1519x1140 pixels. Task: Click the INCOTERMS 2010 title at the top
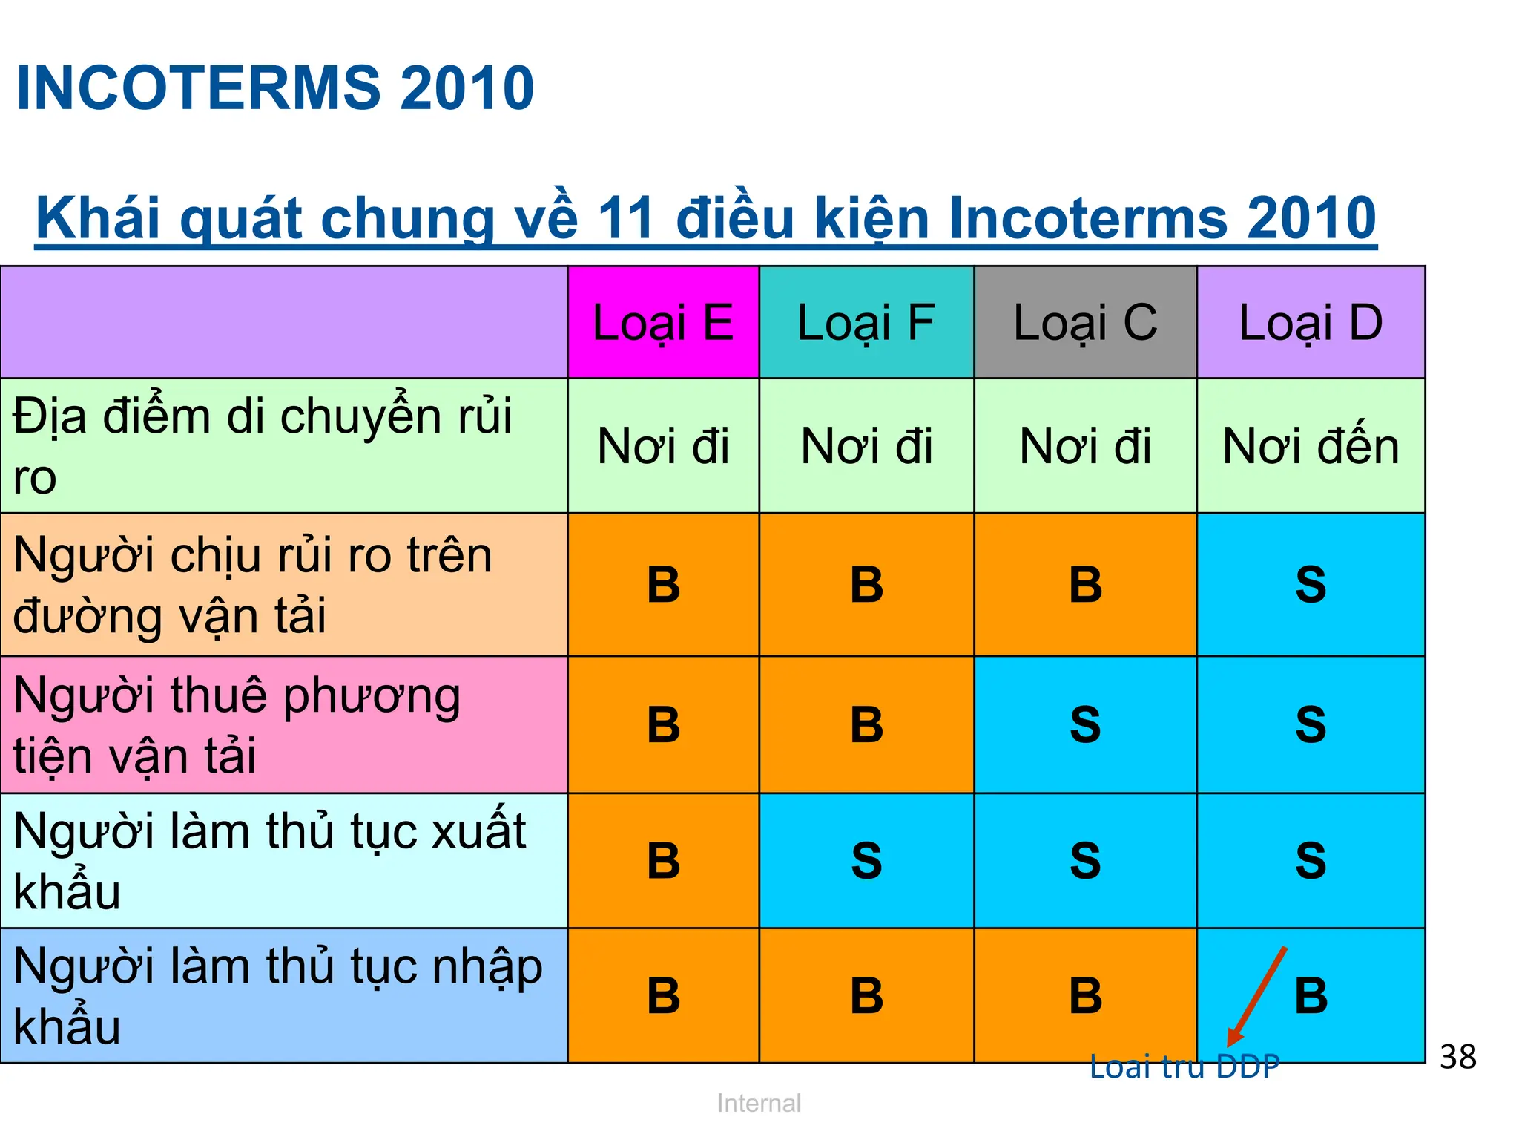(274, 88)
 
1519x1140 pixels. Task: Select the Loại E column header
(663, 323)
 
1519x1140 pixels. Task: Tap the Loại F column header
(866, 323)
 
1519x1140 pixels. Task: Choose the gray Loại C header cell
(1085, 323)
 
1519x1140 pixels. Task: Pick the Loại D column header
(1311, 323)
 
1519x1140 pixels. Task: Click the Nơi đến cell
(1311, 446)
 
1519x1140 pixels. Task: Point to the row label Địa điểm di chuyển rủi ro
(263, 445)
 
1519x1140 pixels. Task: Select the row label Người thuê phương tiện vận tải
(237, 725)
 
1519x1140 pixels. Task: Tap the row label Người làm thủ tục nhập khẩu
(278, 996)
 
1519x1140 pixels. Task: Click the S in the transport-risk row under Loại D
(1311, 585)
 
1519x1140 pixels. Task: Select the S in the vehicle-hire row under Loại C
(1085, 725)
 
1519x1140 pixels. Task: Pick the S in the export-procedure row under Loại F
(866, 861)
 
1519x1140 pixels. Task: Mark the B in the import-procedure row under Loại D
(1311, 996)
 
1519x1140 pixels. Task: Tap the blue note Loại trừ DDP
(1184, 1067)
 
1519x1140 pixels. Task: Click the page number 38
(1457, 1057)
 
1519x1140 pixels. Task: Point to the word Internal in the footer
(759, 1103)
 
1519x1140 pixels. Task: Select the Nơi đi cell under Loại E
(663, 446)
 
